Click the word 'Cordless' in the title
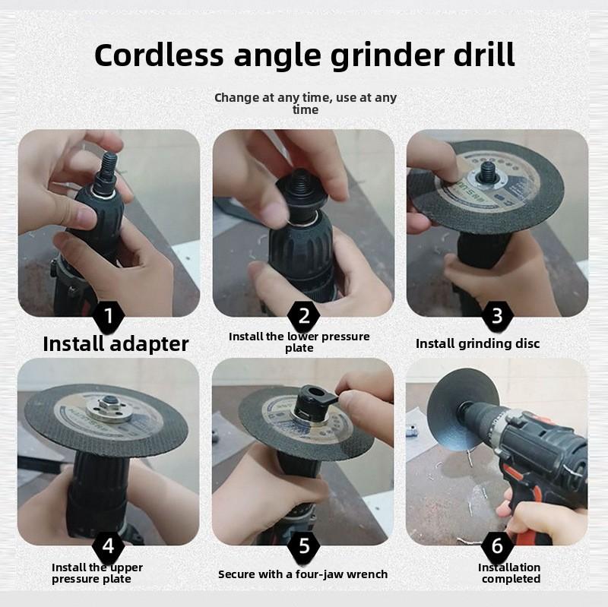159,55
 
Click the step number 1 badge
109,315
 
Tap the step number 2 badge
304,315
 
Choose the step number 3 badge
498,315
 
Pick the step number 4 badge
109,545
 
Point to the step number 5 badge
304,545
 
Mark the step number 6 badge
498,545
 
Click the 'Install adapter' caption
116,343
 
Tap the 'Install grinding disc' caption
477,343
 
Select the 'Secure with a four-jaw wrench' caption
302,574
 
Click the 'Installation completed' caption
510,573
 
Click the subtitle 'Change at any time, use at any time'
305,103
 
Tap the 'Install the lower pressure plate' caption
299,342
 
